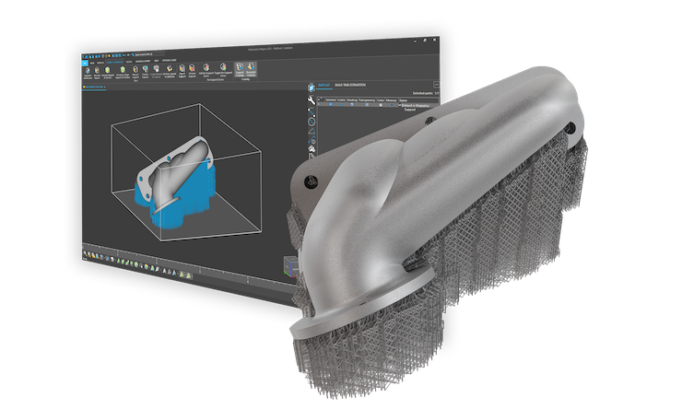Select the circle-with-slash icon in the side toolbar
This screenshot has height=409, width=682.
pos(311,119)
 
